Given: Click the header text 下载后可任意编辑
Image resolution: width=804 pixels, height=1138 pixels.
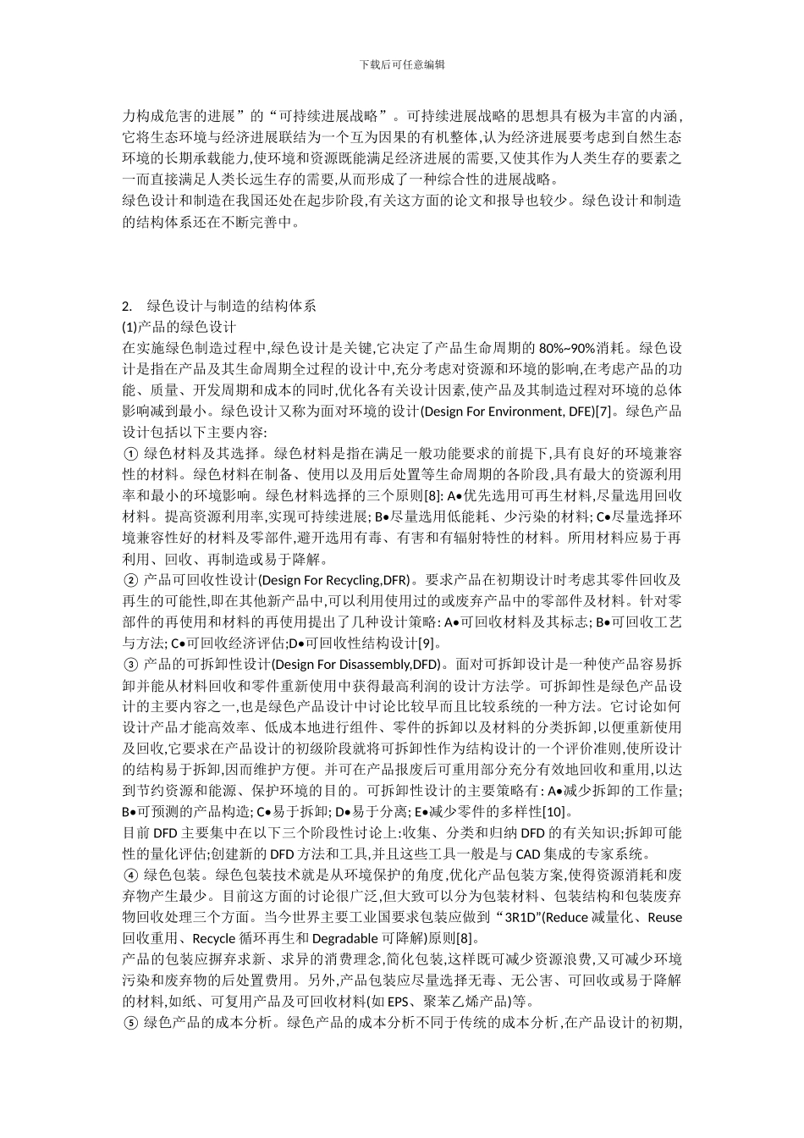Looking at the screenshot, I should (402, 64).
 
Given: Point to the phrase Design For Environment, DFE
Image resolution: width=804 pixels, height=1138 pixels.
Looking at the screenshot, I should (506, 412).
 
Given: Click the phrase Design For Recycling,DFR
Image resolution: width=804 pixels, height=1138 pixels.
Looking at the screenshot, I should (334, 580).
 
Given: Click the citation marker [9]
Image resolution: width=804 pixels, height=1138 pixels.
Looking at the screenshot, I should (427, 643).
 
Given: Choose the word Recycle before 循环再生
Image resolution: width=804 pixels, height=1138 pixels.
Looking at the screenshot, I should (215, 938).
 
